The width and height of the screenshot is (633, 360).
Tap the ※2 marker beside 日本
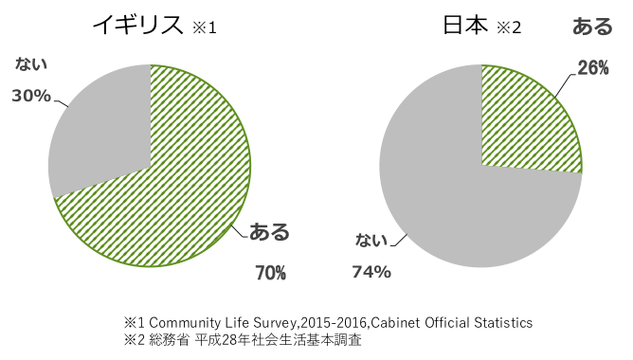pos(509,27)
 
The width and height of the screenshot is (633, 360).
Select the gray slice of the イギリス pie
pos(99,133)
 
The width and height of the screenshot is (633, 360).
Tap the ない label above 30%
pos(31,64)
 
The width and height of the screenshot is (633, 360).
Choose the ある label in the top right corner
pos(593,27)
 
